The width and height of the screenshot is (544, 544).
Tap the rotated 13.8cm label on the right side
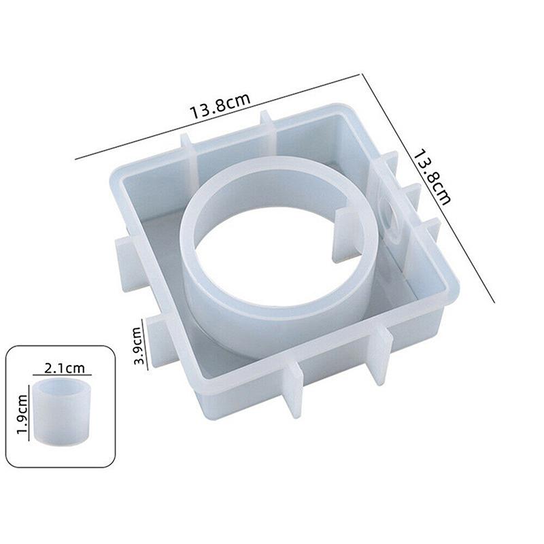(x=432, y=177)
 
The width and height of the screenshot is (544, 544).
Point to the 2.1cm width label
(x=64, y=368)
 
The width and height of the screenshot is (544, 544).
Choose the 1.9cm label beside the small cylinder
(x=22, y=414)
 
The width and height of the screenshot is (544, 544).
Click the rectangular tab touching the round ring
(x=345, y=235)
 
